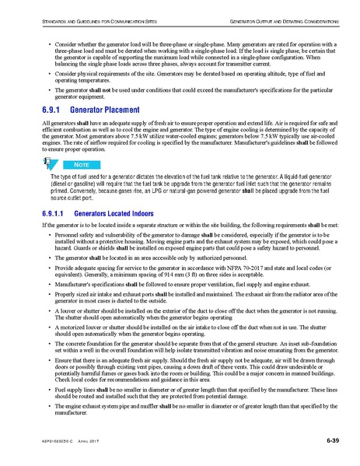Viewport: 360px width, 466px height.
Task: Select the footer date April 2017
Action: (93, 442)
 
